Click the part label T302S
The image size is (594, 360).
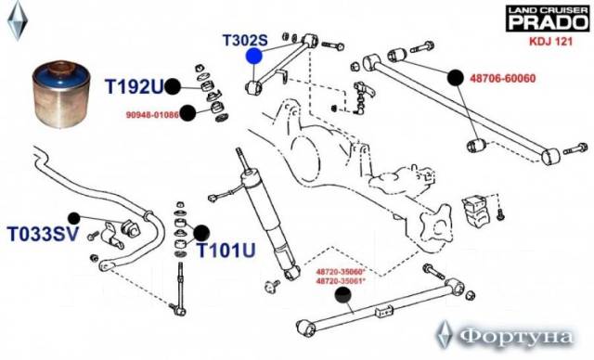pyautogui.click(x=245, y=40)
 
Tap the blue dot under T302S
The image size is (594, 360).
pyautogui.click(x=253, y=56)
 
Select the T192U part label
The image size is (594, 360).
pyautogui.click(x=134, y=86)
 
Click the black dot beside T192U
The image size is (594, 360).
pyautogui.click(x=173, y=86)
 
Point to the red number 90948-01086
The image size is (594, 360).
pyautogui.click(x=152, y=114)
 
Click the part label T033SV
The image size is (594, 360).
pyautogui.click(x=43, y=234)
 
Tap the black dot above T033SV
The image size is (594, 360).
pyautogui.click(x=74, y=218)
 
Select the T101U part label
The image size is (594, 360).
pyautogui.click(x=226, y=250)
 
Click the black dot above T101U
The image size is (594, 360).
pyautogui.click(x=201, y=233)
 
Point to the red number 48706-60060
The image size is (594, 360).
pyautogui.click(x=503, y=78)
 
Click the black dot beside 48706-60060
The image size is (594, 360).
pyautogui.click(x=455, y=78)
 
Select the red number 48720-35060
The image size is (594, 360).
pyautogui.click(x=341, y=272)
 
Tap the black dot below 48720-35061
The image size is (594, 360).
pyautogui.click(x=343, y=295)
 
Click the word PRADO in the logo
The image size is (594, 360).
pyautogui.click(x=548, y=22)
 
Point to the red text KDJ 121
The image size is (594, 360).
pyautogui.click(x=550, y=41)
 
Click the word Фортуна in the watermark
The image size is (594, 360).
pyautogui.click(x=515, y=337)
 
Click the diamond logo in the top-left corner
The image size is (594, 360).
pyautogui.click(x=17, y=20)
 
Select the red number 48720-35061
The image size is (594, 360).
pyautogui.click(x=341, y=280)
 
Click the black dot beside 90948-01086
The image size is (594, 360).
pyautogui.click(x=187, y=113)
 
